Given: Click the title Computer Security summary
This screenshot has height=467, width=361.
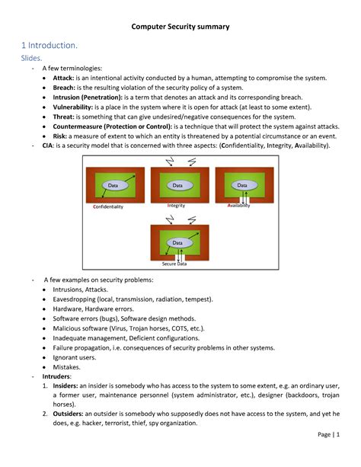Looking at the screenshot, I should [180, 27].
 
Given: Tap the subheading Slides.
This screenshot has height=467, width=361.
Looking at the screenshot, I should [34, 59].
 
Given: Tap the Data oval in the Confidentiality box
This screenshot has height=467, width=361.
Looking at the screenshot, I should [113, 185].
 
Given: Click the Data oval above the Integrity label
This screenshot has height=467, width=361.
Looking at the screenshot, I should [177, 185].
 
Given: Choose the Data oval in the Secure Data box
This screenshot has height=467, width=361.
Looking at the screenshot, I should [177, 243].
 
